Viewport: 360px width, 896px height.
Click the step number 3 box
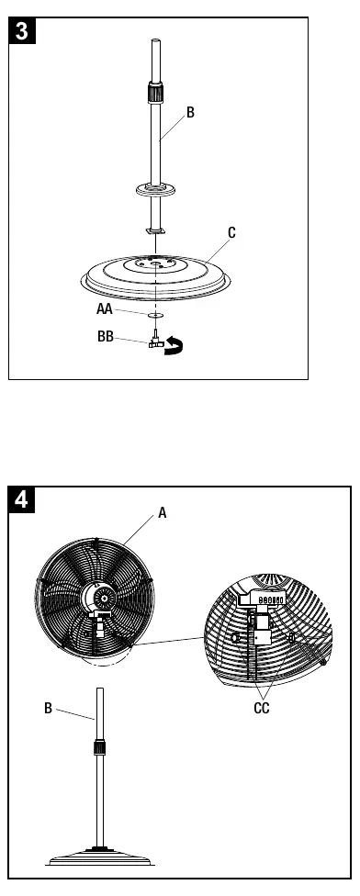pos(22,30)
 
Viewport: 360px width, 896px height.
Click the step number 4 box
pos(21,499)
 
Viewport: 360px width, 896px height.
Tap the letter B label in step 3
pos(190,113)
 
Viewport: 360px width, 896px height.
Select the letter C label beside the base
pos(231,233)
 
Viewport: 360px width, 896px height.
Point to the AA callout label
pos(105,309)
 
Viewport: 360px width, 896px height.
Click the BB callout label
pos(105,337)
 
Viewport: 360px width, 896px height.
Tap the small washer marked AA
pos(155,314)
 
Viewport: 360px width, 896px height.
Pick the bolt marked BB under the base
pos(155,338)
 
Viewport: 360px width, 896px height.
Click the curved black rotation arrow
pos(174,346)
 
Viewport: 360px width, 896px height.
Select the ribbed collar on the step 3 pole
pos(155,92)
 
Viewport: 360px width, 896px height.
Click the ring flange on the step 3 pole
pos(155,188)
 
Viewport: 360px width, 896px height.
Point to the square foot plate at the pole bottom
pos(155,230)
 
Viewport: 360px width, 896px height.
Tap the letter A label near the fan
pos(163,513)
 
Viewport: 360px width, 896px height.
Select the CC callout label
pos(262,709)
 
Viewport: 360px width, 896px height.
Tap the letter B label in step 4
pos(48,709)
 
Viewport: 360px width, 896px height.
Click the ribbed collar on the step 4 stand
pos(100,747)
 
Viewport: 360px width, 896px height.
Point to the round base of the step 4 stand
pos(100,857)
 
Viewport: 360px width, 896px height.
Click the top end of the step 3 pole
pos(155,39)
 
